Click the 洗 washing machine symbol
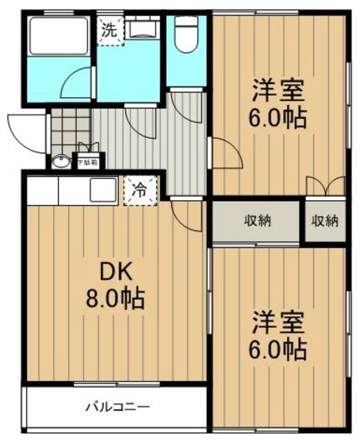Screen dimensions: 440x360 click(109, 30)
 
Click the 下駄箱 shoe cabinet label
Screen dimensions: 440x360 click(87, 163)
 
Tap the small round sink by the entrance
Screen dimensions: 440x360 click(60, 162)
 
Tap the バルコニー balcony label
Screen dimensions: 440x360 click(117, 406)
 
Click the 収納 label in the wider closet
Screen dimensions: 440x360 click(256, 221)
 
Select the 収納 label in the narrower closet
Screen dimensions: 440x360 click(324, 221)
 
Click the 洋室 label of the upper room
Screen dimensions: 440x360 click(278, 90)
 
